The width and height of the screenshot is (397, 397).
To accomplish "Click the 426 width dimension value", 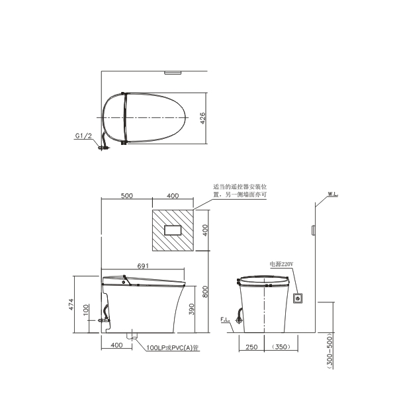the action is coord(202,118).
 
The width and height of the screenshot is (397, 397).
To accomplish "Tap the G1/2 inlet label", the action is coord(83,136).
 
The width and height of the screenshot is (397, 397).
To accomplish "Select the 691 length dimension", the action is coord(143,266).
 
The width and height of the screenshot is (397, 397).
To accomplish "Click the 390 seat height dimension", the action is coord(191,309).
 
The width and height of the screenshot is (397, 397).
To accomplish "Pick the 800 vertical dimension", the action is coord(205,292).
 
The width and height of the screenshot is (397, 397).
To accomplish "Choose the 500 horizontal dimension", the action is coord(126,196).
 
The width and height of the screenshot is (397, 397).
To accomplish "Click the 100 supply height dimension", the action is coord(86,310).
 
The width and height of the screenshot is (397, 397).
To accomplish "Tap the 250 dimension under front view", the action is coord(251,347).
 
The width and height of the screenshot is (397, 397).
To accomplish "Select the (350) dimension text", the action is coord(281,347).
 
